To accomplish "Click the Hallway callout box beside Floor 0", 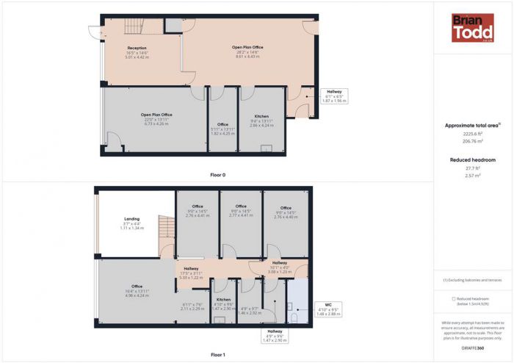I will (334, 96).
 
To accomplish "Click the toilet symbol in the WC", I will (292, 317).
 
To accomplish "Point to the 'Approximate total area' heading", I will (472, 125).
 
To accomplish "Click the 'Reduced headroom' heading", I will (472, 159).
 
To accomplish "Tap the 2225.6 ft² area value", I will (472, 134).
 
